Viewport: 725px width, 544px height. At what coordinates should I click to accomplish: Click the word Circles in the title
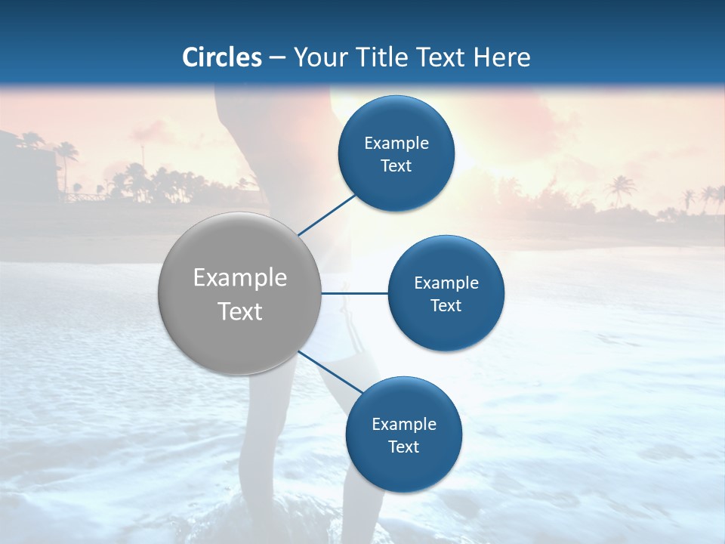click(x=221, y=57)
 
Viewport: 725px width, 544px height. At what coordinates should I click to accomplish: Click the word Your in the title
click(x=319, y=57)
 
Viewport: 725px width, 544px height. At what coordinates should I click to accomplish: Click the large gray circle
click(x=240, y=332)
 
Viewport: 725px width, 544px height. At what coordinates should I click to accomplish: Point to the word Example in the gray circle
click(x=240, y=278)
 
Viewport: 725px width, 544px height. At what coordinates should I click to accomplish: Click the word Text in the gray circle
click(x=240, y=311)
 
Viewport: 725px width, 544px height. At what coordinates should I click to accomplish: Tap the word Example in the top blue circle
click(x=396, y=144)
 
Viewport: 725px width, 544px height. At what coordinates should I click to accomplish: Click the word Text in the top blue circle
click(x=396, y=166)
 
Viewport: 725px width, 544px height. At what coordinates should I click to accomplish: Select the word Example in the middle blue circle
click(x=446, y=283)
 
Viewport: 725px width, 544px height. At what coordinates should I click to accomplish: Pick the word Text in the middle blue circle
click(x=446, y=306)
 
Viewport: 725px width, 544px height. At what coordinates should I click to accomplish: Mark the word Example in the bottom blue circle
click(x=404, y=425)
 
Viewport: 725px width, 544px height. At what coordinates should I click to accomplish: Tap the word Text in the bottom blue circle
click(x=403, y=447)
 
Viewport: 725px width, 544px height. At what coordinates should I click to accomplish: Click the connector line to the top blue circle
click(x=326, y=215)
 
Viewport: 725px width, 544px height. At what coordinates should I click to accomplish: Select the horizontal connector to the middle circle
click(x=355, y=293)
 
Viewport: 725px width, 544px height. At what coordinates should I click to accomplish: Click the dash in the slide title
click(x=277, y=58)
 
